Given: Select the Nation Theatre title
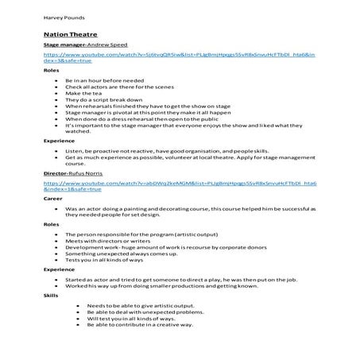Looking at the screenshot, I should [65, 36].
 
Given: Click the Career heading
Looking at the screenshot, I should [52, 199].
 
